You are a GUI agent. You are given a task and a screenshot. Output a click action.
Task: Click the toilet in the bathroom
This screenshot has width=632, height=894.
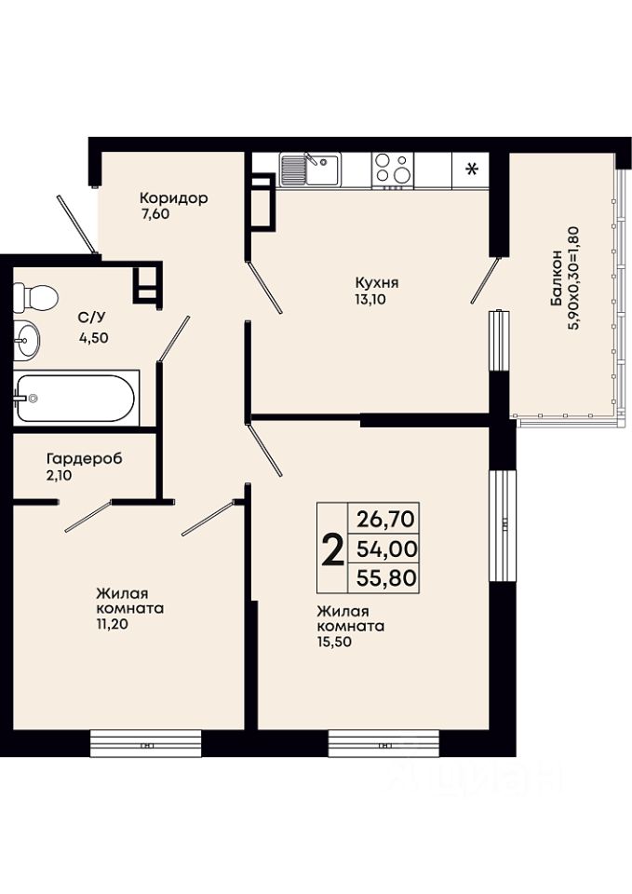tap(34, 296)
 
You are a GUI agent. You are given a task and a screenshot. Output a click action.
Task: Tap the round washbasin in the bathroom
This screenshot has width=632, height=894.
tap(26, 341)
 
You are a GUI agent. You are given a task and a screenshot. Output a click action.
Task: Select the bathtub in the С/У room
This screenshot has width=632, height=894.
tap(75, 398)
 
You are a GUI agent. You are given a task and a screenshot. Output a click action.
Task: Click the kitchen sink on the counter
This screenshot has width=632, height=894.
tap(309, 169)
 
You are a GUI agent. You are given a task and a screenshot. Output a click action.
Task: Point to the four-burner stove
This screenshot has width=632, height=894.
tap(393, 169)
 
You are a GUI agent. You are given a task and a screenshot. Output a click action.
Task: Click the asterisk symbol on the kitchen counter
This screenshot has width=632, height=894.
tap(472, 169)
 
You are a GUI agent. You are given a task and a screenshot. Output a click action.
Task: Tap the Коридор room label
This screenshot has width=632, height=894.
tap(174, 198)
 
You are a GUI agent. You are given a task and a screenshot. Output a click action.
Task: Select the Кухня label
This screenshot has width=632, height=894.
tap(377, 283)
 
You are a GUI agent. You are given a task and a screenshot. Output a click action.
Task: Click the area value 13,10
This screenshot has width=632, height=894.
tap(370, 299)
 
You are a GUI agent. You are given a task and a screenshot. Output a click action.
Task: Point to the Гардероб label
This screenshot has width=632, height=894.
tap(85, 458)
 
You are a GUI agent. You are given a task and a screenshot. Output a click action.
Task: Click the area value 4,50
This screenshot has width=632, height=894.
tap(94, 337)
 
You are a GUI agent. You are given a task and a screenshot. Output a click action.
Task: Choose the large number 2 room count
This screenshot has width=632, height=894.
tap(333, 549)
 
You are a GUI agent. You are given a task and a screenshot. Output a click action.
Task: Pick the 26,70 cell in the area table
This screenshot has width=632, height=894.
tap(387, 520)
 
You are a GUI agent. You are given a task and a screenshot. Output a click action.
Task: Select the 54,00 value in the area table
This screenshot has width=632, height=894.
tap(387, 549)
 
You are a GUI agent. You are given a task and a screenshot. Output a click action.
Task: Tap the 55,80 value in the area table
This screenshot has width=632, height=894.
tap(387, 578)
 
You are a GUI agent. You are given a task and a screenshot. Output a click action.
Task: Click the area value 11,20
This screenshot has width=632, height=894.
tap(112, 624)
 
